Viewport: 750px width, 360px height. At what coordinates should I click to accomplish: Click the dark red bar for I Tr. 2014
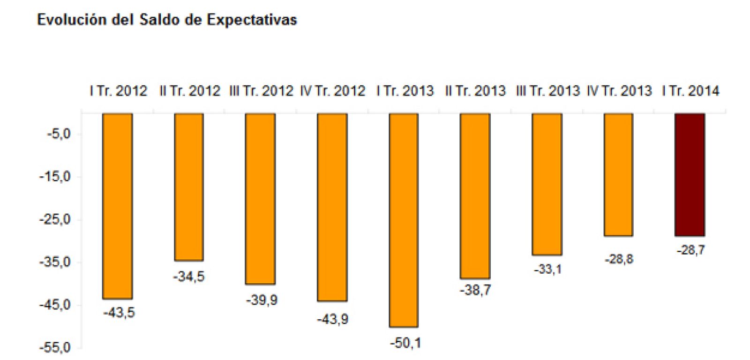[690, 174]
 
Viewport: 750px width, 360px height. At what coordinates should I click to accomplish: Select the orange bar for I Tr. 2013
[404, 220]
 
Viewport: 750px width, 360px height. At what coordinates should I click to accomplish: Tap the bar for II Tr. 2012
[189, 187]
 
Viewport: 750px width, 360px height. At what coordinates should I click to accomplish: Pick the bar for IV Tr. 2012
[332, 207]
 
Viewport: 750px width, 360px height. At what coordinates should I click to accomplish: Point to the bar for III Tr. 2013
[547, 184]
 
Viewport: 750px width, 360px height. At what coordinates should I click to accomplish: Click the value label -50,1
[405, 343]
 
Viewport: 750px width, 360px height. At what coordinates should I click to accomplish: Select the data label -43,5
[119, 312]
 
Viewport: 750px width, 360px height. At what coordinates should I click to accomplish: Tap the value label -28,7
[690, 250]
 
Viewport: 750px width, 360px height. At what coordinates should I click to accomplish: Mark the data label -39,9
[262, 300]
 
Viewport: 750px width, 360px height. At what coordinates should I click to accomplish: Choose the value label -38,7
[475, 291]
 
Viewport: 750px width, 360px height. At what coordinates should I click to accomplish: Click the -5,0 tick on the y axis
[59, 135]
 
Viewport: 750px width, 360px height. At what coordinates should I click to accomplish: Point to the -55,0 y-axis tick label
[55, 348]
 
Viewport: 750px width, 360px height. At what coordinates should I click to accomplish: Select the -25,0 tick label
[55, 220]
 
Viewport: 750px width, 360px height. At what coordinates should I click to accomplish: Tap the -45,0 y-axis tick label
[55, 305]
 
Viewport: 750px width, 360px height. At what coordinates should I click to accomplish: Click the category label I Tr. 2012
[119, 91]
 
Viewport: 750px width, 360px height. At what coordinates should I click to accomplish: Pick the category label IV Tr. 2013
[619, 91]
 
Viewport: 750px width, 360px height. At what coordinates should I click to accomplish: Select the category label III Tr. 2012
[261, 91]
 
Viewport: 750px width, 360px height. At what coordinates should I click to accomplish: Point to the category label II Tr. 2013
[475, 91]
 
